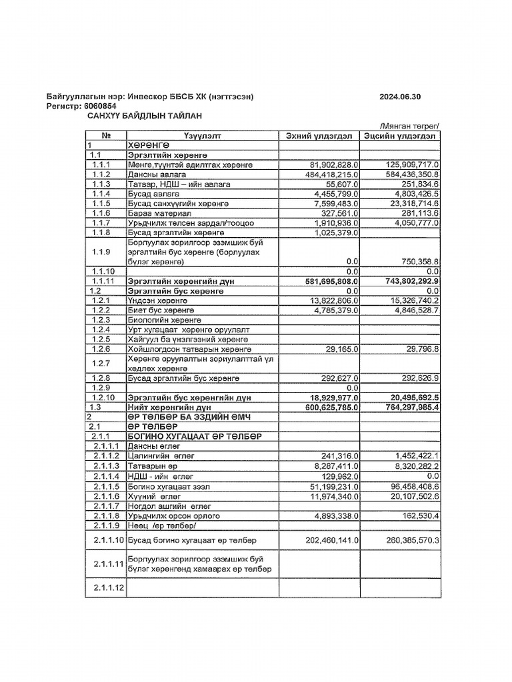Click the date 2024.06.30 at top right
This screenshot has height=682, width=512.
click(x=400, y=97)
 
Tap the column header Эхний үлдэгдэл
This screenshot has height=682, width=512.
click(x=319, y=136)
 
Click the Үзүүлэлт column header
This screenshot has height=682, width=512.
click(x=201, y=136)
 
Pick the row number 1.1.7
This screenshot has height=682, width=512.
click(x=101, y=222)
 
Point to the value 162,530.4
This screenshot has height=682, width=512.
click(x=418, y=516)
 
